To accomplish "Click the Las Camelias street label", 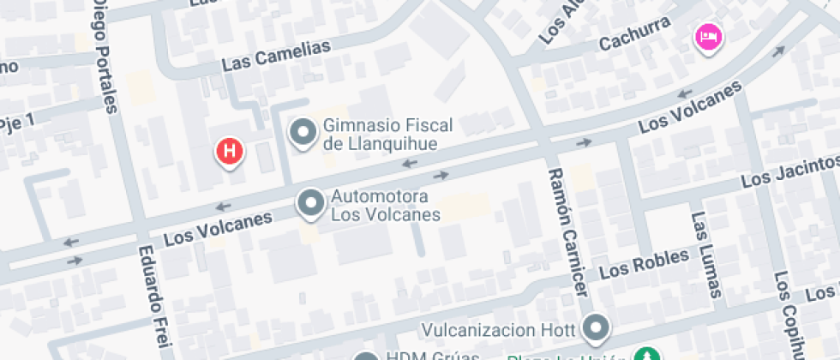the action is pyautogui.click(x=275, y=56).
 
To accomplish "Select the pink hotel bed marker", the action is pyautogui.click(x=709, y=37).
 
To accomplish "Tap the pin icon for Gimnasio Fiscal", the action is pyautogui.click(x=302, y=133).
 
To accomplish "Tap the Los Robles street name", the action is pyautogui.click(x=644, y=265).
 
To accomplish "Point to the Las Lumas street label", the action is pyautogui.click(x=705, y=255).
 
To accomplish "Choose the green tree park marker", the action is pyautogui.click(x=647, y=353).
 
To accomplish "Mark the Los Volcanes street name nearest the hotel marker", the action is pyautogui.click(x=690, y=110).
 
